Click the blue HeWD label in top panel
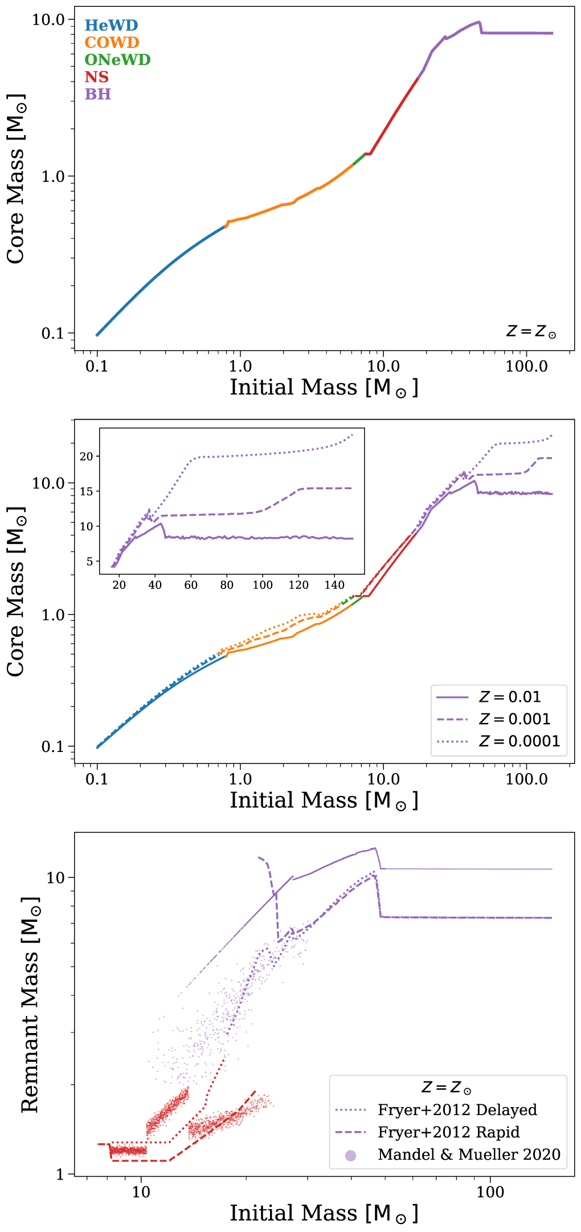(x=111, y=26)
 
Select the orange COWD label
(x=112, y=43)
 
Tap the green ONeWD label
(x=117, y=60)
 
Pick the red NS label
(x=96, y=77)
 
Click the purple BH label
(x=97, y=94)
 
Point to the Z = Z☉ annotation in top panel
(x=531, y=332)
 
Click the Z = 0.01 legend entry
(x=509, y=697)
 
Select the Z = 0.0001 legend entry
(x=519, y=741)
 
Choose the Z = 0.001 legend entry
(x=514, y=719)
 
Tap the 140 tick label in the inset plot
(x=334, y=585)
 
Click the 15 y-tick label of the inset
(x=86, y=491)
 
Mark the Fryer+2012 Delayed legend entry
(x=457, y=1109)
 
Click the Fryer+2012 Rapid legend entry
(x=448, y=1132)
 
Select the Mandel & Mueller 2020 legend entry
(x=469, y=1154)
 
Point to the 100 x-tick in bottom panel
(x=490, y=1192)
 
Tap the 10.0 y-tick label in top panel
(x=48, y=19)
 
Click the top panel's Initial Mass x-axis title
(x=324, y=388)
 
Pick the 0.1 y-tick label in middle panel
(x=53, y=746)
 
